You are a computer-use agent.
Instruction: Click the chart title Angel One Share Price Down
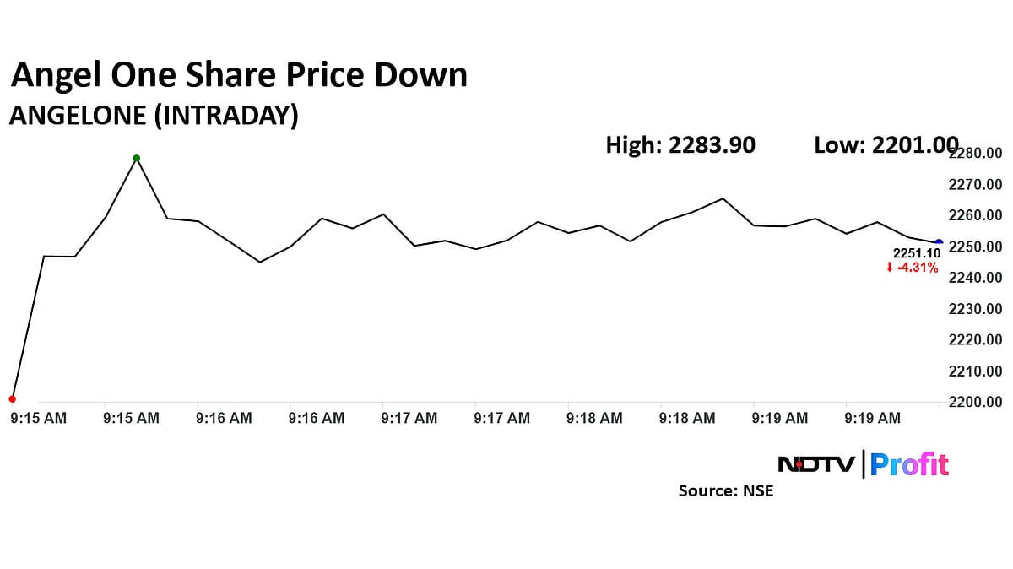[239, 76]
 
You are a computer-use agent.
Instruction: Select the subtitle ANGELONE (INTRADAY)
[153, 116]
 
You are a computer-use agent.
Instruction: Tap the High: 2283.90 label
[680, 145]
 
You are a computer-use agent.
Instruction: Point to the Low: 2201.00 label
[886, 145]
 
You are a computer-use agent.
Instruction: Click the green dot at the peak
[136, 158]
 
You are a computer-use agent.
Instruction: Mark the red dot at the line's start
[12, 398]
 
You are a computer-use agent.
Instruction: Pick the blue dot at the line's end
[939, 243]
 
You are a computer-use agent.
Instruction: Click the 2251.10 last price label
[915, 253]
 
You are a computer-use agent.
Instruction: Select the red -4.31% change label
[912, 268]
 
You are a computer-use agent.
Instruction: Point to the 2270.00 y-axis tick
[976, 184]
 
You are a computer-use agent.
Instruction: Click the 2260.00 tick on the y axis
[976, 215]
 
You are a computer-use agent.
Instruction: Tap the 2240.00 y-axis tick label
[976, 278]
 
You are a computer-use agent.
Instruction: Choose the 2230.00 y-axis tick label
[976, 309]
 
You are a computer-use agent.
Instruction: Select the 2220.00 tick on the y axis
[976, 340]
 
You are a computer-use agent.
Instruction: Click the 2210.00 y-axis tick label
[976, 371]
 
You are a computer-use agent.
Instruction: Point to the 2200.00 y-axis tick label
[976, 402]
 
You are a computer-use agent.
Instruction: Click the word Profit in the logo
[909, 464]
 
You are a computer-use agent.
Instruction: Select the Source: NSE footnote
[725, 490]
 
